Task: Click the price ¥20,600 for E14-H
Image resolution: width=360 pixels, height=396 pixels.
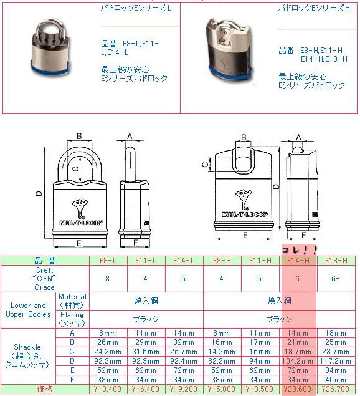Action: click(298, 389)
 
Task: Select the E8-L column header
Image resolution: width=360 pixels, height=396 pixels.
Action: click(108, 261)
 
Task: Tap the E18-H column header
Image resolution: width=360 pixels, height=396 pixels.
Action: click(336, 261)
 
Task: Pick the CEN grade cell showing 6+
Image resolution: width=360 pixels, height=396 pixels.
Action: click(336, 279)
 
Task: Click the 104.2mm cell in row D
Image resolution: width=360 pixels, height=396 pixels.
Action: click(298, 361)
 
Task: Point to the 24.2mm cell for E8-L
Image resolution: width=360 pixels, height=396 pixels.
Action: click(108, 352)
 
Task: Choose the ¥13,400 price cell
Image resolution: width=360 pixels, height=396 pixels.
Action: click(108, 389)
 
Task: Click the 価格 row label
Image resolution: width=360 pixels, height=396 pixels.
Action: click(45, 389)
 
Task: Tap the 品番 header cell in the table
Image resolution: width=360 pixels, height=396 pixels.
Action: click(45, 261)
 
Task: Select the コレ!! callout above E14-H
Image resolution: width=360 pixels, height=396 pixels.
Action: click(299, 250)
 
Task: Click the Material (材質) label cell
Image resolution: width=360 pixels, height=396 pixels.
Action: click(72, 301)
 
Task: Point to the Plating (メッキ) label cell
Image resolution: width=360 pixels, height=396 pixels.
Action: click(72, 319)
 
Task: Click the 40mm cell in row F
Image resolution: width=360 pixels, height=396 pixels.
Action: click(336, 380)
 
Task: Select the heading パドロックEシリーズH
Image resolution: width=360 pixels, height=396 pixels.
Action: click(314, 8)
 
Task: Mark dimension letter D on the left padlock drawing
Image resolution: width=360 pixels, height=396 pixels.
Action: click(39, 193)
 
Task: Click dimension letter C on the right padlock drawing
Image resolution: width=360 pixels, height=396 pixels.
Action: click(206, 165)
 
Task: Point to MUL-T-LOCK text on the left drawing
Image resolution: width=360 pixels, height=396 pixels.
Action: click(81, 223)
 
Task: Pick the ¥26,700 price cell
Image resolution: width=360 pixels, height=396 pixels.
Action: click(336, 389)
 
